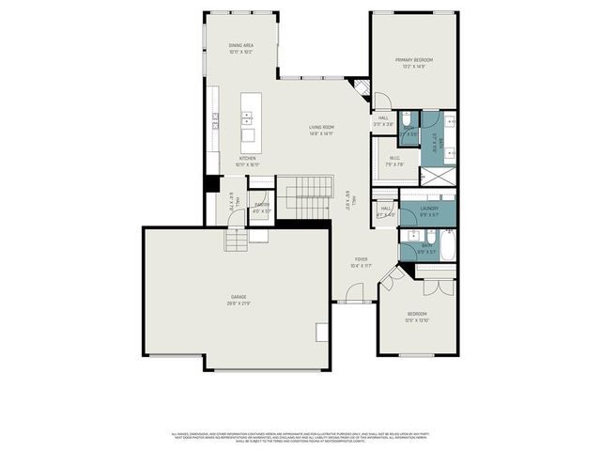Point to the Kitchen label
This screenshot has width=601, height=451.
247,159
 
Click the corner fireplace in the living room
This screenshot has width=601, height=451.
358,89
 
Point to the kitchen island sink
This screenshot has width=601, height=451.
248,118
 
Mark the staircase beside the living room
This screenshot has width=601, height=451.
309,194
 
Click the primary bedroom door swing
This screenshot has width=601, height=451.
381,101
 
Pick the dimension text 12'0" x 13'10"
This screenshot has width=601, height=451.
416,320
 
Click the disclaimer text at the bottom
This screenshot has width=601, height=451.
300,437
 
